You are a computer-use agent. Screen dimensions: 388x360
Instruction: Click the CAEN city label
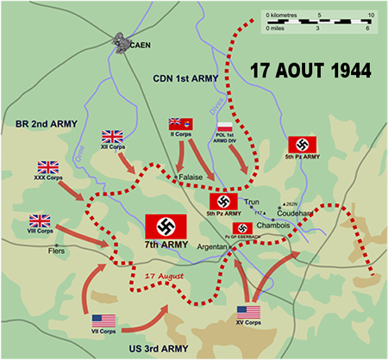click(x=140, y=44)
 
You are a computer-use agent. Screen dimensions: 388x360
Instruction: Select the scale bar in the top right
click(x=318, y=21)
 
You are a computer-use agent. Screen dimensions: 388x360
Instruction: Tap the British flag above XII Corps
click(x=113, y=136)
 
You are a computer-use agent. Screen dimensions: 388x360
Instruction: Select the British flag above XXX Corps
click(x=47, y=167)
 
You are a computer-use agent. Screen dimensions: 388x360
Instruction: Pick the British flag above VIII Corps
click(x=40, y=221)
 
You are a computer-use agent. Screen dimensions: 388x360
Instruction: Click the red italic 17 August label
click(x=161, y=276)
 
